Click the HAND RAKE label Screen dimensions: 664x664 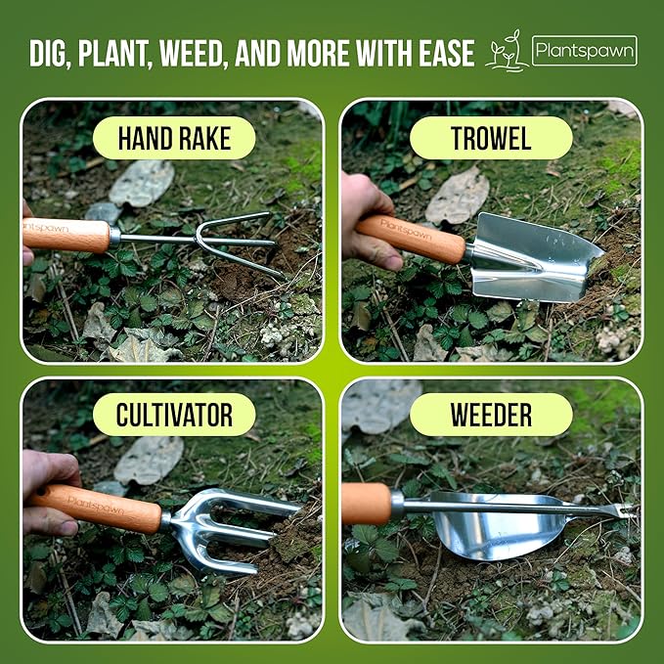tap(173, 138)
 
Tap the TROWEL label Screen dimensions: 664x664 tap(491, 138)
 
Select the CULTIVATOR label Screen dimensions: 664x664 tap(173, 415)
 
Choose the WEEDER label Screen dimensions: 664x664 tap(491, 415)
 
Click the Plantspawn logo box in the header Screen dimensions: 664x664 tap(584, 51)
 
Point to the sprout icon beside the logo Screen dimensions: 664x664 tap(506, 52)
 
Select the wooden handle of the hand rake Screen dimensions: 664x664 tap(66, 236)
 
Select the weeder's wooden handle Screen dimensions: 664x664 tap(367, 504)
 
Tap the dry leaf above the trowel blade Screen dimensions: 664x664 tap(458, 196)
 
